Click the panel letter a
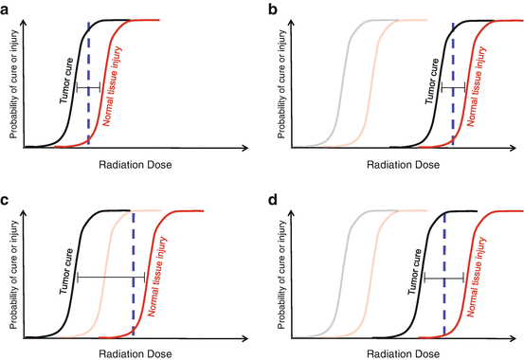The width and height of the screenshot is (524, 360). click(x=6, y=8)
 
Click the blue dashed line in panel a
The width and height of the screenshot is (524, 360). click(x=88, y=85)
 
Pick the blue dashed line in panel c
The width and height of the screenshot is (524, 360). click(x=133, y=275)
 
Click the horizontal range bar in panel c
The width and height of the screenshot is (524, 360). click(x=110, y=277)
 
